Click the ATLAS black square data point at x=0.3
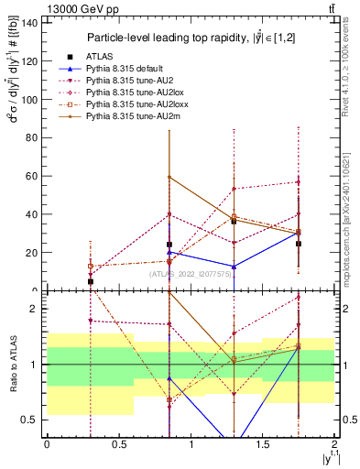click(x=90, y=281)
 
